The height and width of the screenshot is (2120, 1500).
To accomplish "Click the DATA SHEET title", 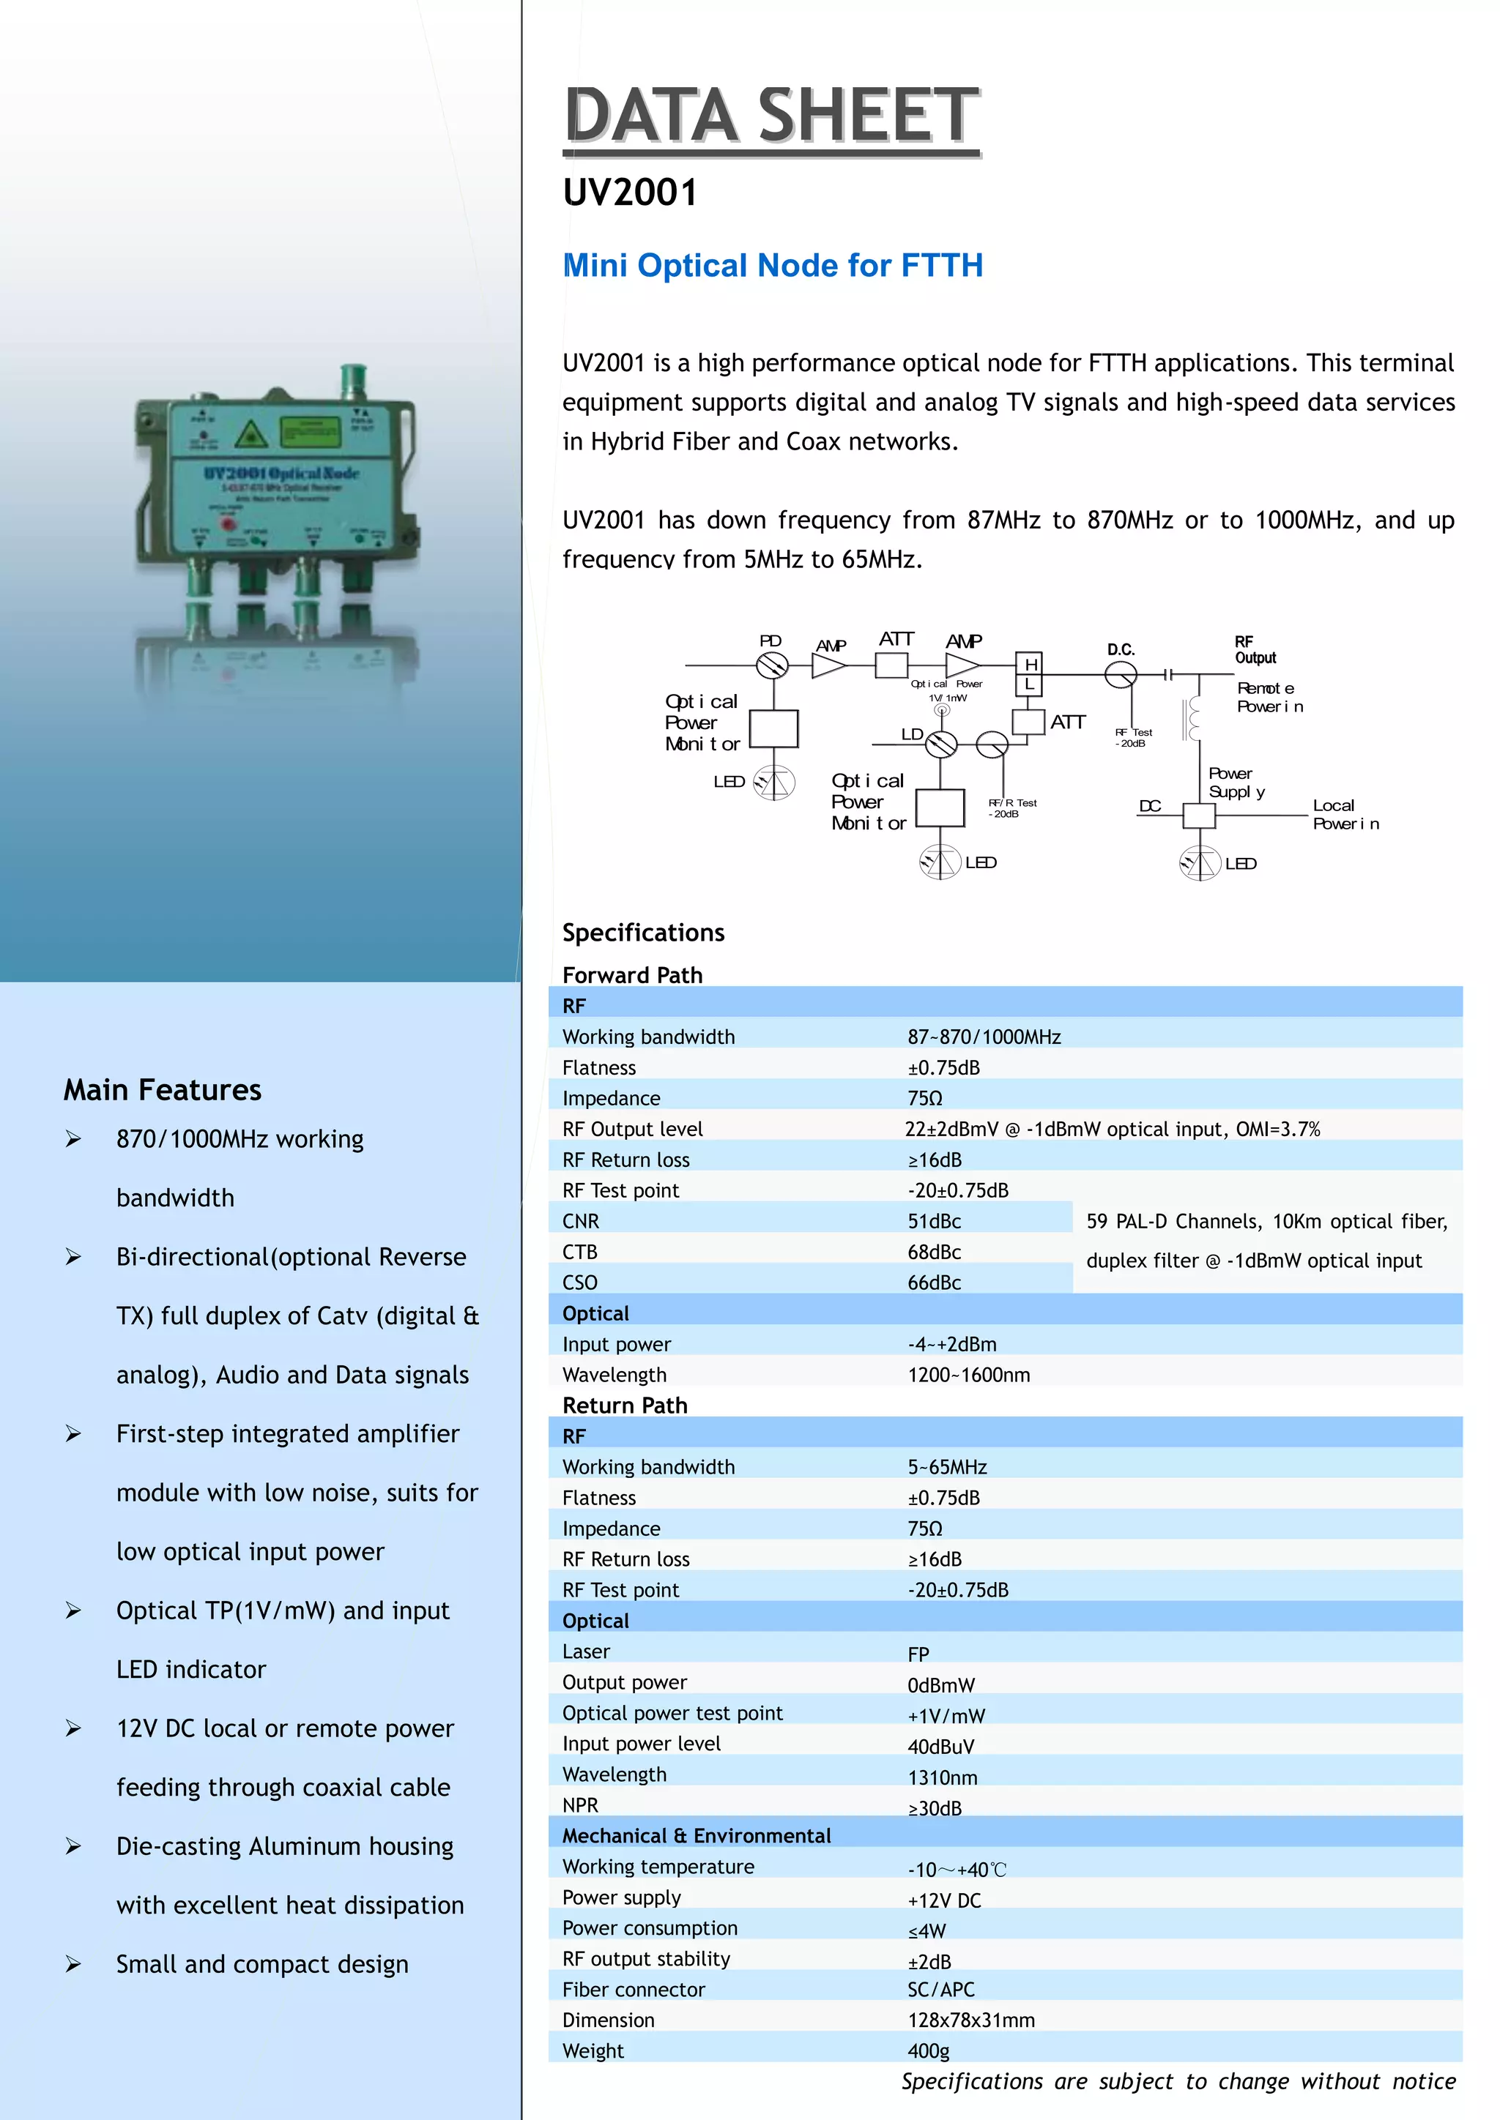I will click(771, 116).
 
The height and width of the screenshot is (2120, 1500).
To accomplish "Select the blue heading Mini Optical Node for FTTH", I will click(773, 266).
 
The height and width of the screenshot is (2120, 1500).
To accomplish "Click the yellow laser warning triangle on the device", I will click(251, 433).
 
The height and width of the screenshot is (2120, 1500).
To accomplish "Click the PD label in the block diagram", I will click(771, 641).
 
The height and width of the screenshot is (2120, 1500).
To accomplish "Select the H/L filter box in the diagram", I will click(1030, 674).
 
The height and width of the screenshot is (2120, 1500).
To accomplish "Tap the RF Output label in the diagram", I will click(1255, 649).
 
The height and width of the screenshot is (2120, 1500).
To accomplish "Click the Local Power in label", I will click(1345, 814).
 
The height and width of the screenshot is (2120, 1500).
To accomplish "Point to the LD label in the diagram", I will click(912, 734).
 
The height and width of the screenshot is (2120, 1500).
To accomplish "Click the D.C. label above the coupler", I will click(1121, 649).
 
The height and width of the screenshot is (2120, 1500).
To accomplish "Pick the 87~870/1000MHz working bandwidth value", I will click(984, 1037).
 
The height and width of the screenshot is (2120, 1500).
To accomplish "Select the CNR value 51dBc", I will click(934, 1222).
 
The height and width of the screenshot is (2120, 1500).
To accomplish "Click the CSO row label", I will click(580, 1283).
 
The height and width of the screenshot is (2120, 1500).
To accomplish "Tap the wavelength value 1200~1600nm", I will click(968, 1375).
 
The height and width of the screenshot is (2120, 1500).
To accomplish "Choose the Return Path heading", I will click(625, 1406).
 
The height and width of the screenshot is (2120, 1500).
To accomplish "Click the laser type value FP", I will click(918, 1654).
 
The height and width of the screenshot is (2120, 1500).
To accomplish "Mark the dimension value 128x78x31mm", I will click(970, 2020).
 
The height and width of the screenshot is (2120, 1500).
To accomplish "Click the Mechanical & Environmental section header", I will click(697, 1836).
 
